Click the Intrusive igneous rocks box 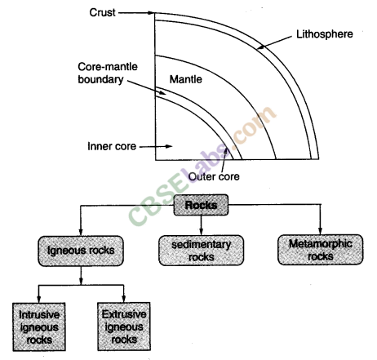tap(42, 324)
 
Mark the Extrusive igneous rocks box tap(123, 324)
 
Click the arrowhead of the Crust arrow tap(151, 13)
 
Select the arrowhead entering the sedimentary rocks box tap(194, 233)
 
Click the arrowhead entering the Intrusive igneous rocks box tap(42, 301)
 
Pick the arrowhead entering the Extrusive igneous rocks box tap(123, 301)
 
